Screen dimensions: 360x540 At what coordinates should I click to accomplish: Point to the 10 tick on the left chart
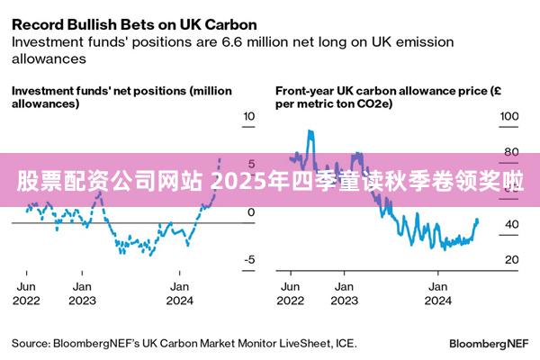249,117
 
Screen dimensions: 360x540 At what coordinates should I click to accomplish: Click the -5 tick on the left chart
249,260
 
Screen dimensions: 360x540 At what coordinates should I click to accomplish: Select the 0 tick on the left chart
250,212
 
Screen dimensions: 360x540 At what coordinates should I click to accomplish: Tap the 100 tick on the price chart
509,117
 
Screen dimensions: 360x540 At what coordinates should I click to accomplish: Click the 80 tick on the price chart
509,152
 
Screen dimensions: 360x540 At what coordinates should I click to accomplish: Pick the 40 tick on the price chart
509,224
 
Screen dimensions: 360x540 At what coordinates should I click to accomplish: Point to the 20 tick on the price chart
509,260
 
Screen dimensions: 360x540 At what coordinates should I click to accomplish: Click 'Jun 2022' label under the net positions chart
26,292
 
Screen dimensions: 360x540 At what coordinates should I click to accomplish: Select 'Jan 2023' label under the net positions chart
83,292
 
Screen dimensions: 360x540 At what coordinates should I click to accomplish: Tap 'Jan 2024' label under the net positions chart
181,292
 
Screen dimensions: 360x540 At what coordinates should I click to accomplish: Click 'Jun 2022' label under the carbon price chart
292,292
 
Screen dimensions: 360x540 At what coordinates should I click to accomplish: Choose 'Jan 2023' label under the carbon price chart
342,292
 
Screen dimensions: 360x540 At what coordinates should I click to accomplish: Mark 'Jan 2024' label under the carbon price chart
437,292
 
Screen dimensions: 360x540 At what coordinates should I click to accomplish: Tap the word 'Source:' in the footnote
31,344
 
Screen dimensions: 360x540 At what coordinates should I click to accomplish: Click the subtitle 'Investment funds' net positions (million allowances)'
121,97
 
